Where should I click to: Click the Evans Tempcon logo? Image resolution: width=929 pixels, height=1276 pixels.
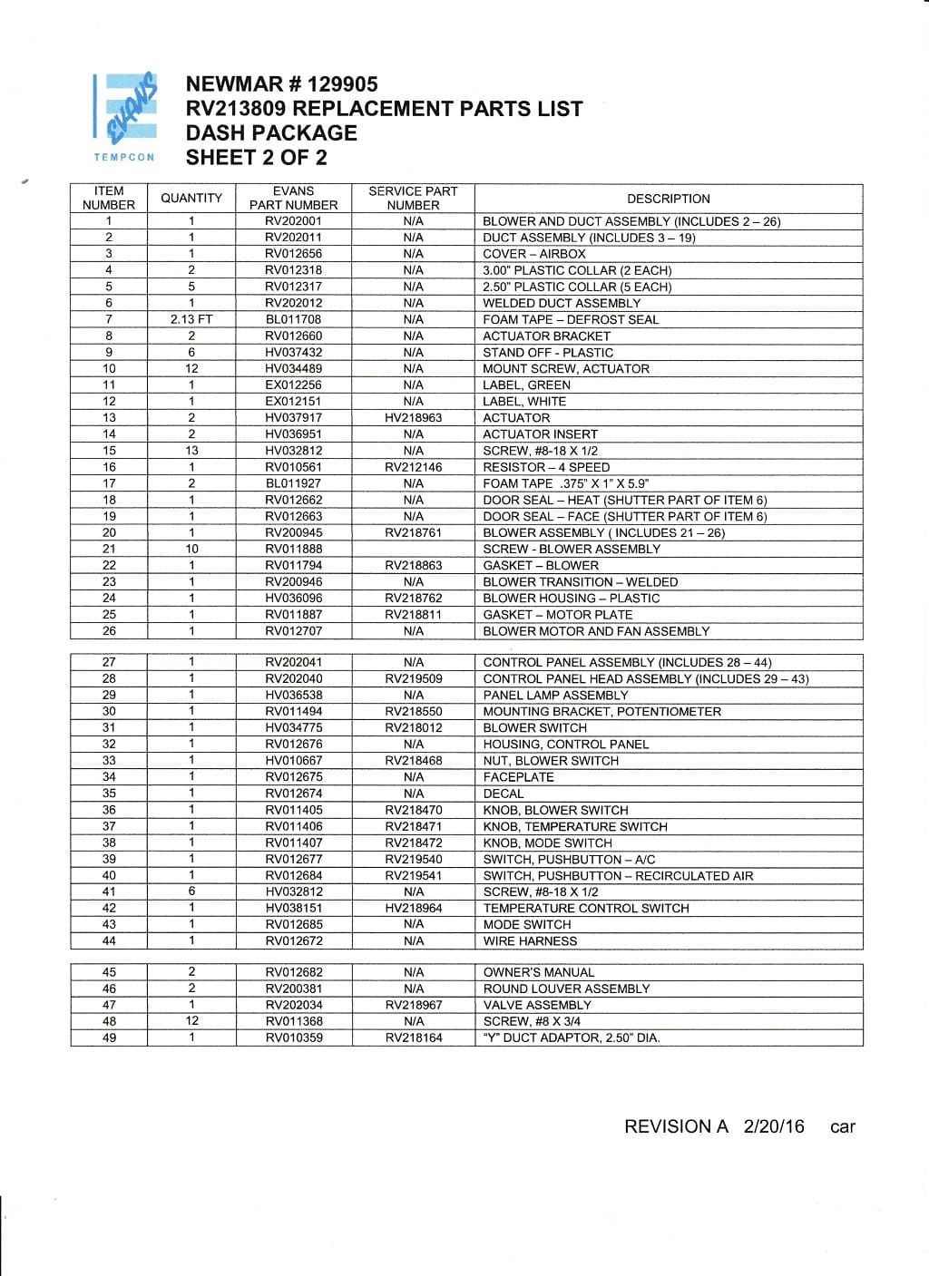125,117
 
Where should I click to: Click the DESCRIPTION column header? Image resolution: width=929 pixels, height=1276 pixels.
669,199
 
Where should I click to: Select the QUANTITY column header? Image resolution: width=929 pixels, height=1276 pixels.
191,199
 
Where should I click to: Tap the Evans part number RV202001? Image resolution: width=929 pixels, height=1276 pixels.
293,221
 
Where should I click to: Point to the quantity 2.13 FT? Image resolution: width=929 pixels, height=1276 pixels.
191,319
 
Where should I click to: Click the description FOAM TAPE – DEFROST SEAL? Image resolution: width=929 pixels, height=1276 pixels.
571,319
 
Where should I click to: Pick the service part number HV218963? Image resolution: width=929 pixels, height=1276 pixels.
413,418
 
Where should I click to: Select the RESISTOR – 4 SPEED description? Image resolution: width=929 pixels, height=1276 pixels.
546,467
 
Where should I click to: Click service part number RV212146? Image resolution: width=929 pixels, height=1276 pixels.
413,467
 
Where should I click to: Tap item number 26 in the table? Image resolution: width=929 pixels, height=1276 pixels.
109,631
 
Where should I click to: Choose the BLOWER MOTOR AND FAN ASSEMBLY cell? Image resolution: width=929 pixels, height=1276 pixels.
596,631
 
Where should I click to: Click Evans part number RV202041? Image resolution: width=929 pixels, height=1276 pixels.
293,662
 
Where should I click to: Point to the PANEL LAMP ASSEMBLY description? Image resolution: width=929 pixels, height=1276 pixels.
555,695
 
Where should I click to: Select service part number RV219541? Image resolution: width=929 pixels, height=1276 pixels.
413,875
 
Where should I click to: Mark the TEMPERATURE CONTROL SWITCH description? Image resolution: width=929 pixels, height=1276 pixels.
586,908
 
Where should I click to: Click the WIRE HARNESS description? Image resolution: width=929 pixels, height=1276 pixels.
530,941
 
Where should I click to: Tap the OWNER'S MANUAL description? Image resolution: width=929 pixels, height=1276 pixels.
539,972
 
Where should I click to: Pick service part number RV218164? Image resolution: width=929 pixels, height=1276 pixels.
413,1037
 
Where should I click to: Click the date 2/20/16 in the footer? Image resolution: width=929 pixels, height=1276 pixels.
774,1126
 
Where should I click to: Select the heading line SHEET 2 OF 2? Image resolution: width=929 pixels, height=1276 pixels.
256,158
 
